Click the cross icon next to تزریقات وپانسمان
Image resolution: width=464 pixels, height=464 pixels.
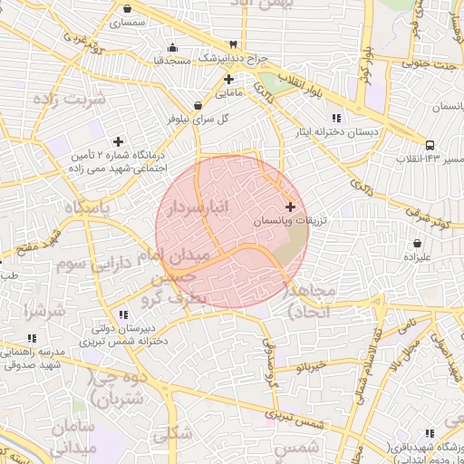point(290,208)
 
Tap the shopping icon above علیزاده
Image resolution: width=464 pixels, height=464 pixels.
point(416,244)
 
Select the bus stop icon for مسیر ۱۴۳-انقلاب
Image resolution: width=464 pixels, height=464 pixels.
point(430,144)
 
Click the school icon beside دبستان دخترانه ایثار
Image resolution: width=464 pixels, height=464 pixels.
point(336,118)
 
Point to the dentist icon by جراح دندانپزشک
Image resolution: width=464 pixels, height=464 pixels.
point(234,43)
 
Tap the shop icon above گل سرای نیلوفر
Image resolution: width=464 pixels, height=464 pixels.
point(198,105)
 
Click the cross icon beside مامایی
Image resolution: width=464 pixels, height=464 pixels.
point(228,79)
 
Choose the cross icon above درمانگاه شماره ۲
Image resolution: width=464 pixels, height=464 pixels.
point(118,140)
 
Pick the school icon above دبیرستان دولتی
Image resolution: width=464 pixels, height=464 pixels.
point(122,314)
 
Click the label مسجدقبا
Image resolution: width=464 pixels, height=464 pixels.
point(171,60)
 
